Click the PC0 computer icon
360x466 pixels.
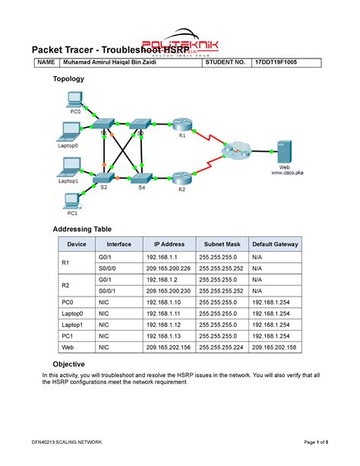click(74, 98)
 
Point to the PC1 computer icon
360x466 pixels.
click(72, 201)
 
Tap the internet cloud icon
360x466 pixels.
click(236, 151)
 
